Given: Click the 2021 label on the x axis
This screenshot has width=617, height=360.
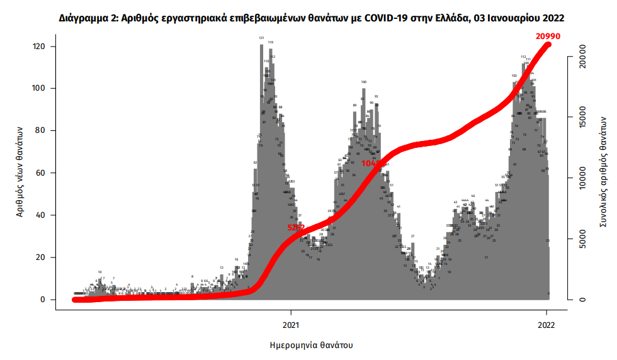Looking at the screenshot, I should (291, 325).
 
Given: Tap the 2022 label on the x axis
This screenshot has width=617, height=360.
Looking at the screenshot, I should (546, 325).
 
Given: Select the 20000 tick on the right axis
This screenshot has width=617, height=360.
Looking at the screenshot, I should (583, 57).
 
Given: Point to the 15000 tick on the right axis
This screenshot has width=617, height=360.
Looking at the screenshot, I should (583, 118).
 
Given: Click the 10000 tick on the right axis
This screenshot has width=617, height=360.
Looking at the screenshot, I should (583, 179).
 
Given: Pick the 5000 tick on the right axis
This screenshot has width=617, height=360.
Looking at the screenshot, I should (583, 239).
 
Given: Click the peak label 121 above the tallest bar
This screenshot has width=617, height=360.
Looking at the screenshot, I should (261, 38).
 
